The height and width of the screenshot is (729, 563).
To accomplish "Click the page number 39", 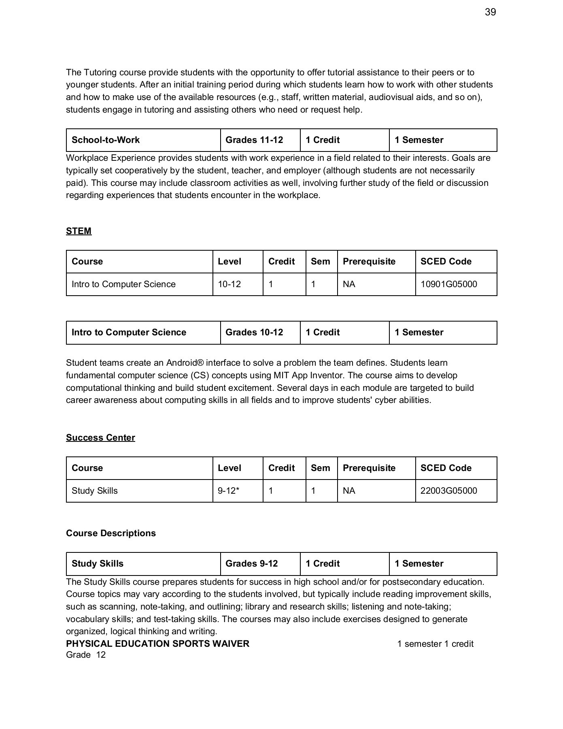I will tap(490, 12).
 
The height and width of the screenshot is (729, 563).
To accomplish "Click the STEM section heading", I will tap(79, 231).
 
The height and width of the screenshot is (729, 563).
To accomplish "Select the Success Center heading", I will tap(100, 437).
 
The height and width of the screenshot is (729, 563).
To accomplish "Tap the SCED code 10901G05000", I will tap(448, 284).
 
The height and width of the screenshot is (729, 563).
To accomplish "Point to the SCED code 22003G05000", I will tap(448, 491).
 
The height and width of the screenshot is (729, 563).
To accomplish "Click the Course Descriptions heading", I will tap(110, 533).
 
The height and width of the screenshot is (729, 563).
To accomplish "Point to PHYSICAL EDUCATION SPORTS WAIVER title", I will tap(157, 644).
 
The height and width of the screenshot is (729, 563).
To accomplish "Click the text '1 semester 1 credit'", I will tap(435, 644).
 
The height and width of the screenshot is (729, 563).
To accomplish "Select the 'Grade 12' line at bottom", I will tap(86, 655).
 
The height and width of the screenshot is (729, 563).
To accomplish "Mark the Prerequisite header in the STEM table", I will tap(369, 262).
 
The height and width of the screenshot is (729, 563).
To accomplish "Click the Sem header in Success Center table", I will tap(320, 468).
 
